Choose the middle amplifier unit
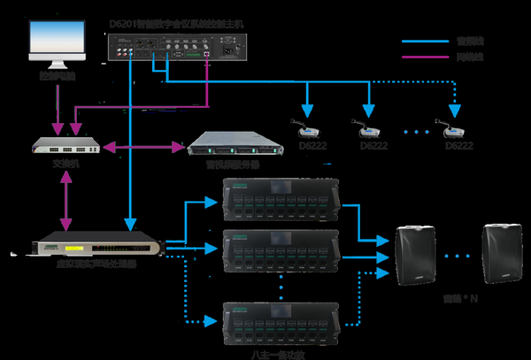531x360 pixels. (x=281, y=252)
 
